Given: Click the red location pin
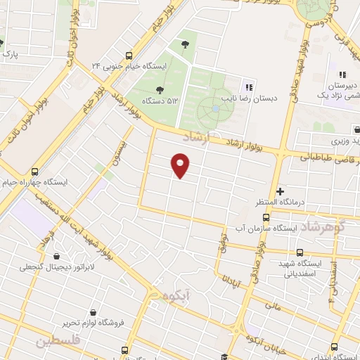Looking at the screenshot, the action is [181, 165].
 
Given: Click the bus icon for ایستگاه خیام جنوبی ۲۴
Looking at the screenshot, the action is [128, 56].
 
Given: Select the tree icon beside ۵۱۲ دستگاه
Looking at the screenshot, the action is [160, 89].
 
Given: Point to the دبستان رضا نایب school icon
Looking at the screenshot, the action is [247, 87].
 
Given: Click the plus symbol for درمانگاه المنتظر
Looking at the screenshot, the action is [280, 191].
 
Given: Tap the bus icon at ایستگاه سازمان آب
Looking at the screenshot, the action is [236, 229].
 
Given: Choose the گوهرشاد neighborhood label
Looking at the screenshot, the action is [324, 227].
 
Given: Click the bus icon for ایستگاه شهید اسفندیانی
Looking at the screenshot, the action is [300, 252].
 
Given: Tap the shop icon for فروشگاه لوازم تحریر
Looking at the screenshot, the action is [94, 311].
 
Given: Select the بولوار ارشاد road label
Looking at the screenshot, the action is [243, 145].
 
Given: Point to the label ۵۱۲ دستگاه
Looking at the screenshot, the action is [158, 101].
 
